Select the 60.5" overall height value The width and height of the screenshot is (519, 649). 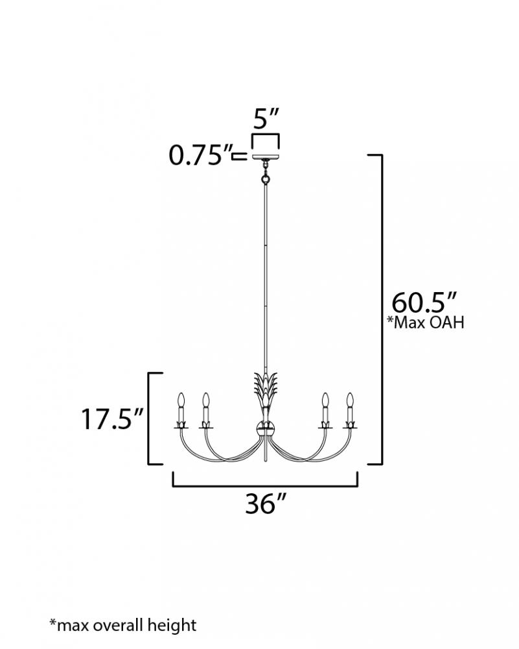(x=424, y=303)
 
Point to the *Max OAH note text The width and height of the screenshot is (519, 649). (x=425, y=322)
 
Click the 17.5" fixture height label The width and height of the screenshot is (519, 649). (x=111, y=419)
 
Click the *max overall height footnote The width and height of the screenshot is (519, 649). (x=122, y=624)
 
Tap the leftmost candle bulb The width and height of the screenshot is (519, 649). (x=180, y=400)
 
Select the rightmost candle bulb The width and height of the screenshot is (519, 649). (x=351, y=400)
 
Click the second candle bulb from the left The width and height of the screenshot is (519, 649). (x=205, y=400)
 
